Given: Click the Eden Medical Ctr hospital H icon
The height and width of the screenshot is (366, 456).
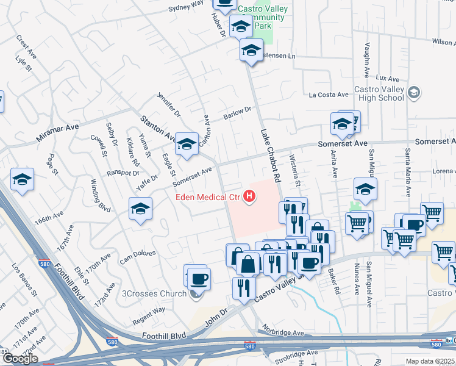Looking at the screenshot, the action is [x=249, y=196].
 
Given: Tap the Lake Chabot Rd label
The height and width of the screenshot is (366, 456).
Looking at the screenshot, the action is [x=269, y=156].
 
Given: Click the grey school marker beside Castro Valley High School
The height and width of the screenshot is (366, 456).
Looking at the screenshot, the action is [x=415, y=93].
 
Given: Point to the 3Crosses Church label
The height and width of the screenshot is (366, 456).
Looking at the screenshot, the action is [x=154, y=294].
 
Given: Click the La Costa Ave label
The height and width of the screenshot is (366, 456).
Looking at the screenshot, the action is [x=328, y=95].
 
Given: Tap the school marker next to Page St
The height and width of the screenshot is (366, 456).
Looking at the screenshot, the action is [x=23, y=180].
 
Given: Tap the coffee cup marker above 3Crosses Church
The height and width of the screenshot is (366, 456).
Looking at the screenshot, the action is [x=199, y=279].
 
